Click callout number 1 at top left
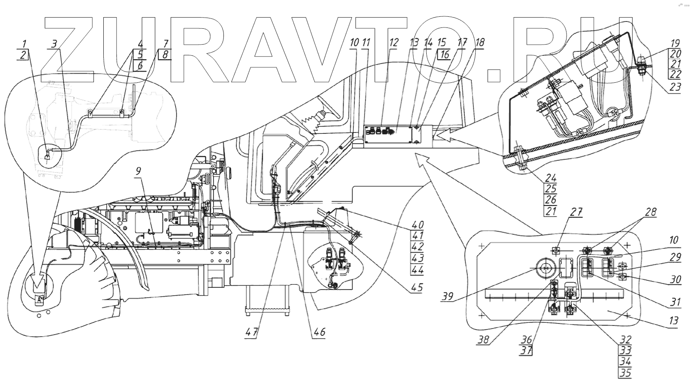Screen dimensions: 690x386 (x=24, y=44)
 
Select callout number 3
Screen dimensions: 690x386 (x=54, y=44)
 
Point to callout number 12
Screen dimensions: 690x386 (x=394, y=42)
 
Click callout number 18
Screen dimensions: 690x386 (x=480, y=42)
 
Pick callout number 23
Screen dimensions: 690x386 (x=675, y=87)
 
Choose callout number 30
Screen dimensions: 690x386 (x=675, y=280)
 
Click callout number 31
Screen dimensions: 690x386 (x=675, y=302)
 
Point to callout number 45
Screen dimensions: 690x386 (x=416, y=287)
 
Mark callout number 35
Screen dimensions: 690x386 (x=626, y=372)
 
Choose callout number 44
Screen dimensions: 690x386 (x=417, y=270)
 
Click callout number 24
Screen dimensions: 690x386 (x=551, y=178)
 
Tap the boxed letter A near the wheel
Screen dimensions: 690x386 (x=39, y=300)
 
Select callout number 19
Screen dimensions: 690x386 (x=675, y=43)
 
